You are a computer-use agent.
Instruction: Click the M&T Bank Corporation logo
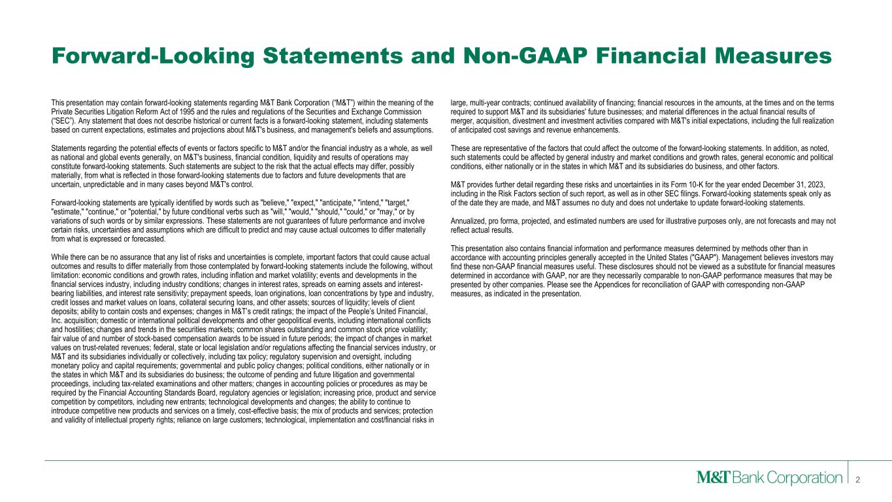768,478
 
